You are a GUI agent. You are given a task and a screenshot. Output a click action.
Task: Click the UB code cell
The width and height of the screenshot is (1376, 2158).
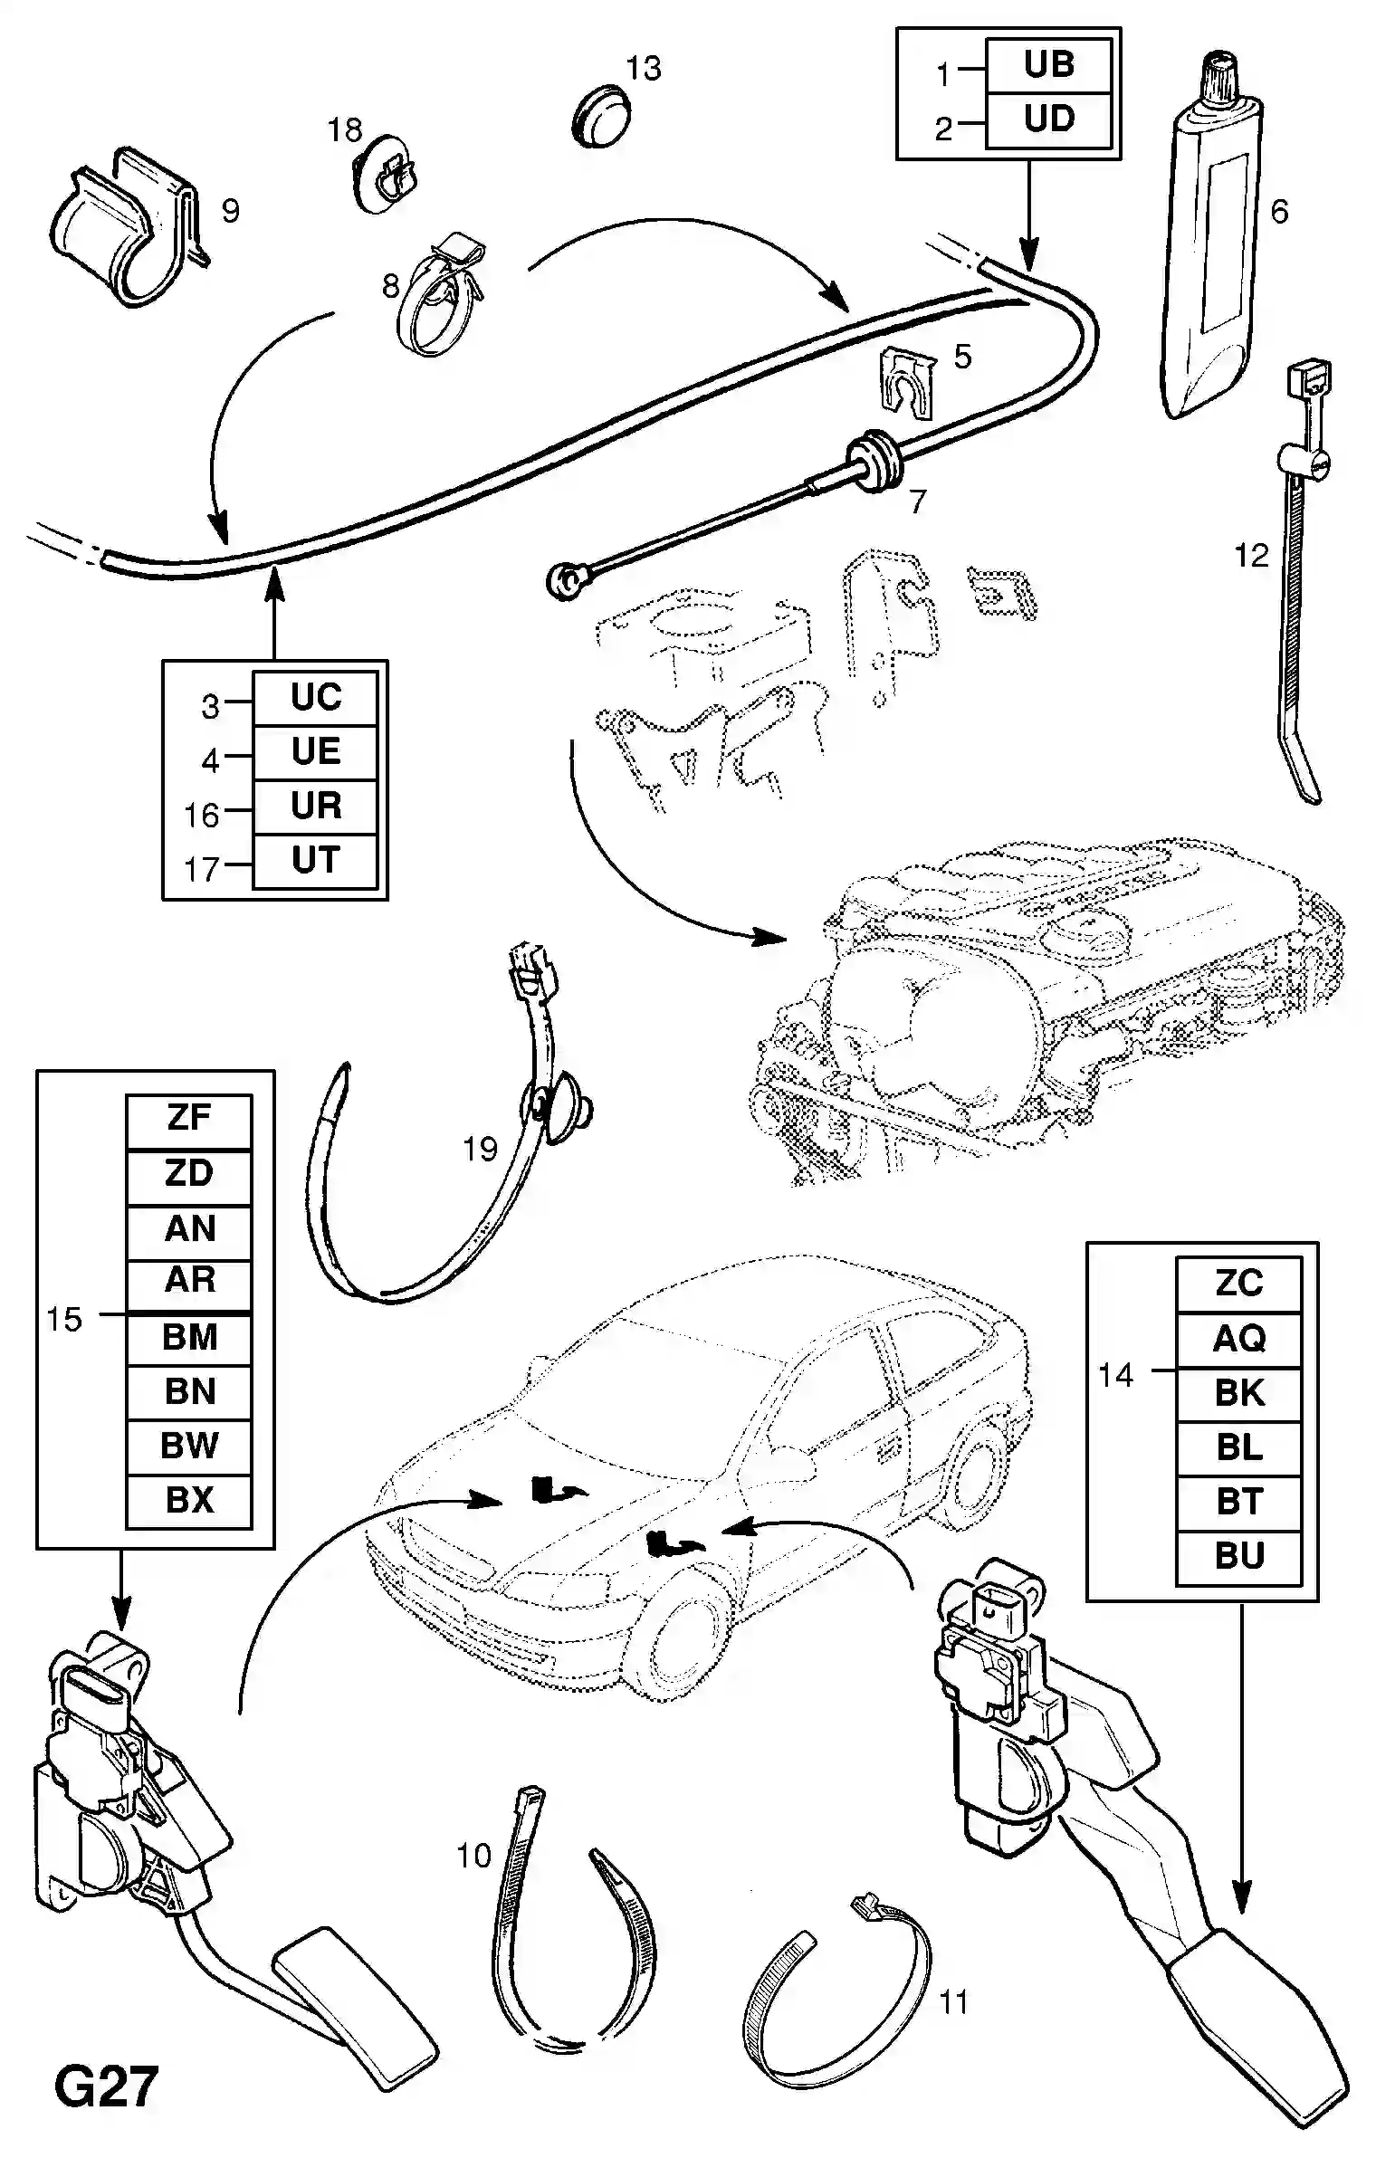click(1048, 65)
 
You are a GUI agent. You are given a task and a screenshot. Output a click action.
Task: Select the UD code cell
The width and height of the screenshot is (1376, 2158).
click(1048, 119)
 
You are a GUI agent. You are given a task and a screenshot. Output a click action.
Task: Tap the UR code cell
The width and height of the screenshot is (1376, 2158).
click(315, 807)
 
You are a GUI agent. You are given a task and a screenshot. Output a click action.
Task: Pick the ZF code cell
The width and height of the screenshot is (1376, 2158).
click(189, 1119)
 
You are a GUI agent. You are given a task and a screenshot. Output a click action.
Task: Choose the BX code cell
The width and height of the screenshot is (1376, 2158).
click(189, 1501)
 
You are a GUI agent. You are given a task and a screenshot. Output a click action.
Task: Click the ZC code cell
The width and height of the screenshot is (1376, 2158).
click(1238, 1284)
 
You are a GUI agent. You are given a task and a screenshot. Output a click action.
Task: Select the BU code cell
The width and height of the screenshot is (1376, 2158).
click(1238, 1556)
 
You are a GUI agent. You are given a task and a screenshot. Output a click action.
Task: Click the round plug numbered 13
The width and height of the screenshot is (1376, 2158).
click(604, 116)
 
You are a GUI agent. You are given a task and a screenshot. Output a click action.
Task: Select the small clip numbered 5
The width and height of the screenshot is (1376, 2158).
click(908, 386)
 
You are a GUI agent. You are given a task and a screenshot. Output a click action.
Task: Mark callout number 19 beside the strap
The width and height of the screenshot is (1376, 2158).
click(481, 1150)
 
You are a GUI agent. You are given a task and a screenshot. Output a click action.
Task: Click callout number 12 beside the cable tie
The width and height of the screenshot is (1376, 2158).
click(1252, 555)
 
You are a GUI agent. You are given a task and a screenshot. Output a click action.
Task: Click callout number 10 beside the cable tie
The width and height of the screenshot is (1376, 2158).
click(473, 1856)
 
